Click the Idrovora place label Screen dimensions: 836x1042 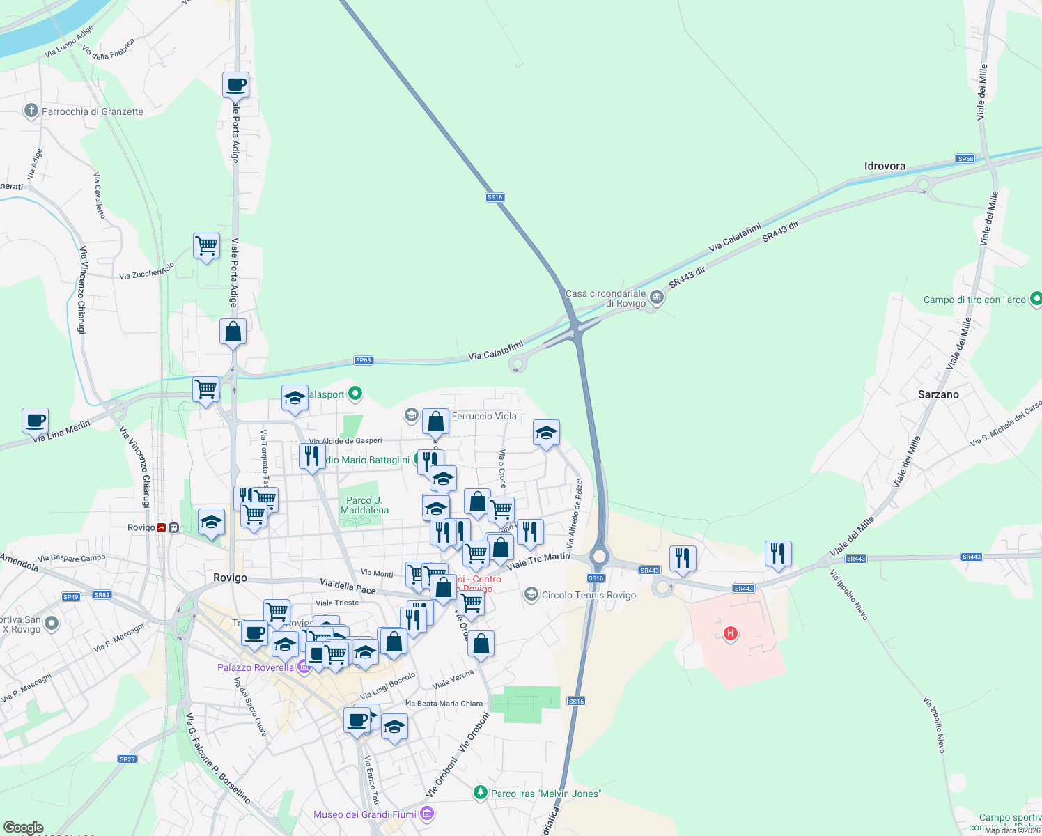tap(885, 166)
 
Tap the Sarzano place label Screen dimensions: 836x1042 tap(938, 394)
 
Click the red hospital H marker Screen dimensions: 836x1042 tap(730, 633)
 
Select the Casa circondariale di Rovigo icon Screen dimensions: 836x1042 tap(656, 299)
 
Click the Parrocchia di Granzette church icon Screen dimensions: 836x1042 tap(31, 111)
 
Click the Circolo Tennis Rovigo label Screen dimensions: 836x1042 tap(589, 595)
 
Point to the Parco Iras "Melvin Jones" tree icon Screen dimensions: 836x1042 tap(480, 793)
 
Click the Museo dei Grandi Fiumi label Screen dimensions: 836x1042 tap(365, 814)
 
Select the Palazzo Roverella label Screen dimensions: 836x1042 tap(256, 667)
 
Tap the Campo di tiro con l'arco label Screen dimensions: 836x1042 tap(974, 300)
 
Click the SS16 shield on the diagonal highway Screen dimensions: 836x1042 tap(495, 197)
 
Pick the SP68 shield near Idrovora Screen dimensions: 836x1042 tap(965, 159)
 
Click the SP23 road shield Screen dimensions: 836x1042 tap(127, 759)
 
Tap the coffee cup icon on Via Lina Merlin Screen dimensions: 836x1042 tap(35, 421)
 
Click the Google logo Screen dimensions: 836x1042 tap(23, 828)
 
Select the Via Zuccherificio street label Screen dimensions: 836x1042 tap(146, 271)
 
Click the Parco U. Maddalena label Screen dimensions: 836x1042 tap(364, 505)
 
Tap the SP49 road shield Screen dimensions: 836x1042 tap(71, 596)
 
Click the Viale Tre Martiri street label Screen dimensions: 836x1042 tap(538, 561)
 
